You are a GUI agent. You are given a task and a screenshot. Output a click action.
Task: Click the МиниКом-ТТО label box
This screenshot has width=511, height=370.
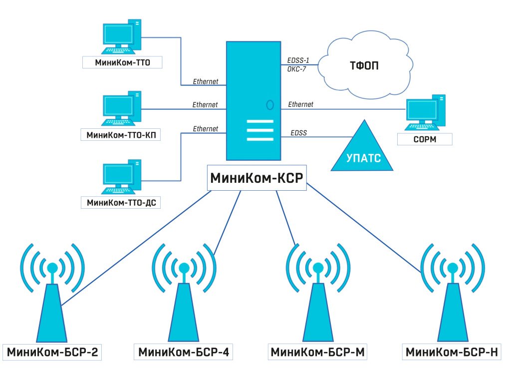(x=123, y=62)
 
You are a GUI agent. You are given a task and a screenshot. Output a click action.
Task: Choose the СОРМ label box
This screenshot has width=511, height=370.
(x=425, y=139)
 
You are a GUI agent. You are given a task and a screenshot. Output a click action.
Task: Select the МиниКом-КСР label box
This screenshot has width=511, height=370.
(x=257, y=178)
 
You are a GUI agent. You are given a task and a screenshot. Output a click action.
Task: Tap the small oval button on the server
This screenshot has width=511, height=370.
(x=270, y=105)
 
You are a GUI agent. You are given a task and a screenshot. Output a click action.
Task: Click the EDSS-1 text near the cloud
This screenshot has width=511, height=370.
(x=298, y=61)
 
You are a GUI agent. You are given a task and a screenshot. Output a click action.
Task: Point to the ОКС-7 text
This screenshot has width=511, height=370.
(x=297, y=69)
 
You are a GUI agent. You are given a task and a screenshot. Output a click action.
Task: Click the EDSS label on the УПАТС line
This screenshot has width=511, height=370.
(x=298, y=133)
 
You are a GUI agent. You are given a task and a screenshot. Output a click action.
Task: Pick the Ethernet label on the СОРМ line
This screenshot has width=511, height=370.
(x=300, y=104)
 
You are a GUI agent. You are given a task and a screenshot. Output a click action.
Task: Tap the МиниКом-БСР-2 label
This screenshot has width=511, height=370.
(x=52, y=352)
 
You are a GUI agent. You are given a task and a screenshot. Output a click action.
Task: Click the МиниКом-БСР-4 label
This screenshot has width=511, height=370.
(x=184, y=352)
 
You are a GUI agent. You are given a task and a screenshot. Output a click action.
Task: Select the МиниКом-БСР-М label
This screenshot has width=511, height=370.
(x=318, y=352)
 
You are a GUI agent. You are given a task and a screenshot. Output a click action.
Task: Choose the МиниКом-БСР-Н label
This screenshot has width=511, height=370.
(x=452, y=352)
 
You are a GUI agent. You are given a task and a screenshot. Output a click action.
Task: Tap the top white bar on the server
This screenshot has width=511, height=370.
(x=260, y=122)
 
